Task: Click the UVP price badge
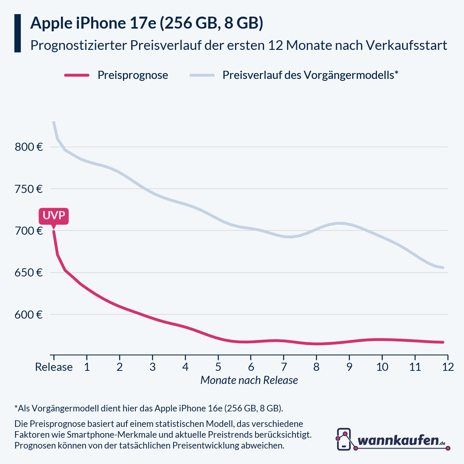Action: click(53, 216)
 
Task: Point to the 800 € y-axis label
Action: click(29, 147)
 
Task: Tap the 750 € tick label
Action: click(29, 189)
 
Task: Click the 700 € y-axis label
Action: click(29, 231)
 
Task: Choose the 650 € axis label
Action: click(29, 273)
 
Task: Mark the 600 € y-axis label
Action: click(29, 315)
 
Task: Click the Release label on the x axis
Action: click(54, 367)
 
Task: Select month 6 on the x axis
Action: click(251, 367)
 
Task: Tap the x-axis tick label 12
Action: click(448, 367)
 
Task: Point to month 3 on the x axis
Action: click(152, 367)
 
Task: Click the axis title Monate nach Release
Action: click(249, 380)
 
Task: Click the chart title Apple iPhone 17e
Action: click(147, 23)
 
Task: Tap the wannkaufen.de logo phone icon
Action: click(344, 439)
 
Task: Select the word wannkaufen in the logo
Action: click(398, 440)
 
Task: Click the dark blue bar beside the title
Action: click(17, 33)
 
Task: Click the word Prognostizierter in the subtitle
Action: click(78, 45)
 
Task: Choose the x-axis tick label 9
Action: click(349, 367)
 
